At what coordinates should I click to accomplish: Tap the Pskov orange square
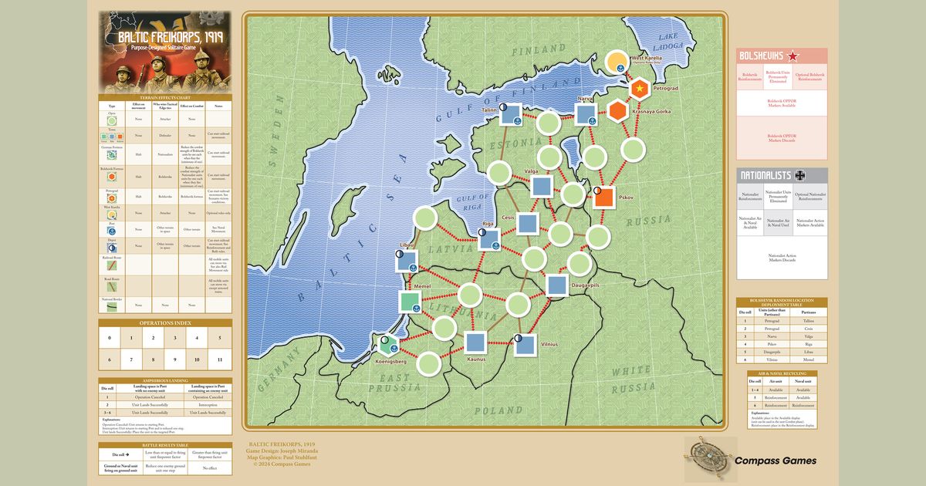(x=603, y=197)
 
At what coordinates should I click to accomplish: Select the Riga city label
(x=488, y=224)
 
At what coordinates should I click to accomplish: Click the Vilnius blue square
(x=526, y=343)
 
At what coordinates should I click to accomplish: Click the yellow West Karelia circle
(x=617, y=62)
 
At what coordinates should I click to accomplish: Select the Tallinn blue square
(x=509, y=115)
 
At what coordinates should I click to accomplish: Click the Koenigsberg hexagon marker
(x=389, y=343)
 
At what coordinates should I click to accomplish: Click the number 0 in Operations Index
(x=110, y=338)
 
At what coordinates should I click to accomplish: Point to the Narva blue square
(x=586, y=114)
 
